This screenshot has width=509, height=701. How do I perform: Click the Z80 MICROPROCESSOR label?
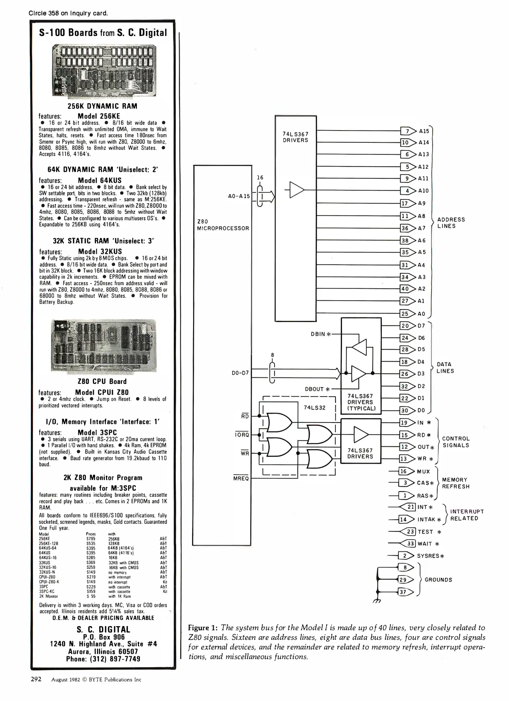pyautogui.click(x=223, y=225)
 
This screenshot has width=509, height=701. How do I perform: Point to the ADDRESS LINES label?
pyautogui.click(x=451, y=223)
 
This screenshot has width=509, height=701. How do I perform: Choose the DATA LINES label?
pyautogui.click(x=445, y=368)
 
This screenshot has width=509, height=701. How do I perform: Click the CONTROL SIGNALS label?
pyautogui.click(x=456, y=442)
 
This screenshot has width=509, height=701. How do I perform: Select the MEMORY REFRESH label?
pyautogui.click(x=455, y=483)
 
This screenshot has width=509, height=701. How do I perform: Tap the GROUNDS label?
pyautogui.click(x=438, y=580)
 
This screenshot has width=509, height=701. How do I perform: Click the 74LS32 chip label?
pyautogui.click(x=314, y=408)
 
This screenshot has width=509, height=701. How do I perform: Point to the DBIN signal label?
pyautogui.click(x=320, y=334)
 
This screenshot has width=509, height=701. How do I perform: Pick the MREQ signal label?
pyautogui.click(x=241, y=479)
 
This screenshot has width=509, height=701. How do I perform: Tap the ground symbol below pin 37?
pyautogui.click(x=377, y=601)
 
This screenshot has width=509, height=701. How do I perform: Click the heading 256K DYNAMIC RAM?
pyautogui.click(x=102, y=106)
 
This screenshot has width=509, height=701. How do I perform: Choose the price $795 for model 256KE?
pyautogui.click(x=91, y=539)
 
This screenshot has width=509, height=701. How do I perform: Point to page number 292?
pyautogui.click(x=36, y=679)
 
